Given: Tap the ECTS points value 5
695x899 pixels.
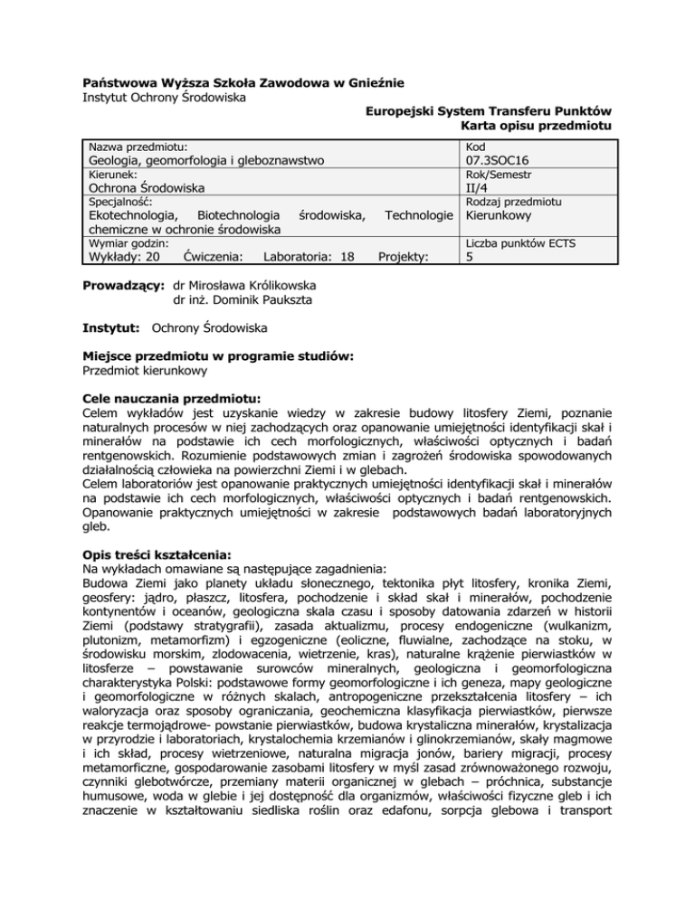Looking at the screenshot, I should coord(467,257).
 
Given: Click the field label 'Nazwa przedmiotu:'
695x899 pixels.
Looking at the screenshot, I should coord(137,146).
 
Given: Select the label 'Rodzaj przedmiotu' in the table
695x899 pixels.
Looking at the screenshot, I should coord(510,202).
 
